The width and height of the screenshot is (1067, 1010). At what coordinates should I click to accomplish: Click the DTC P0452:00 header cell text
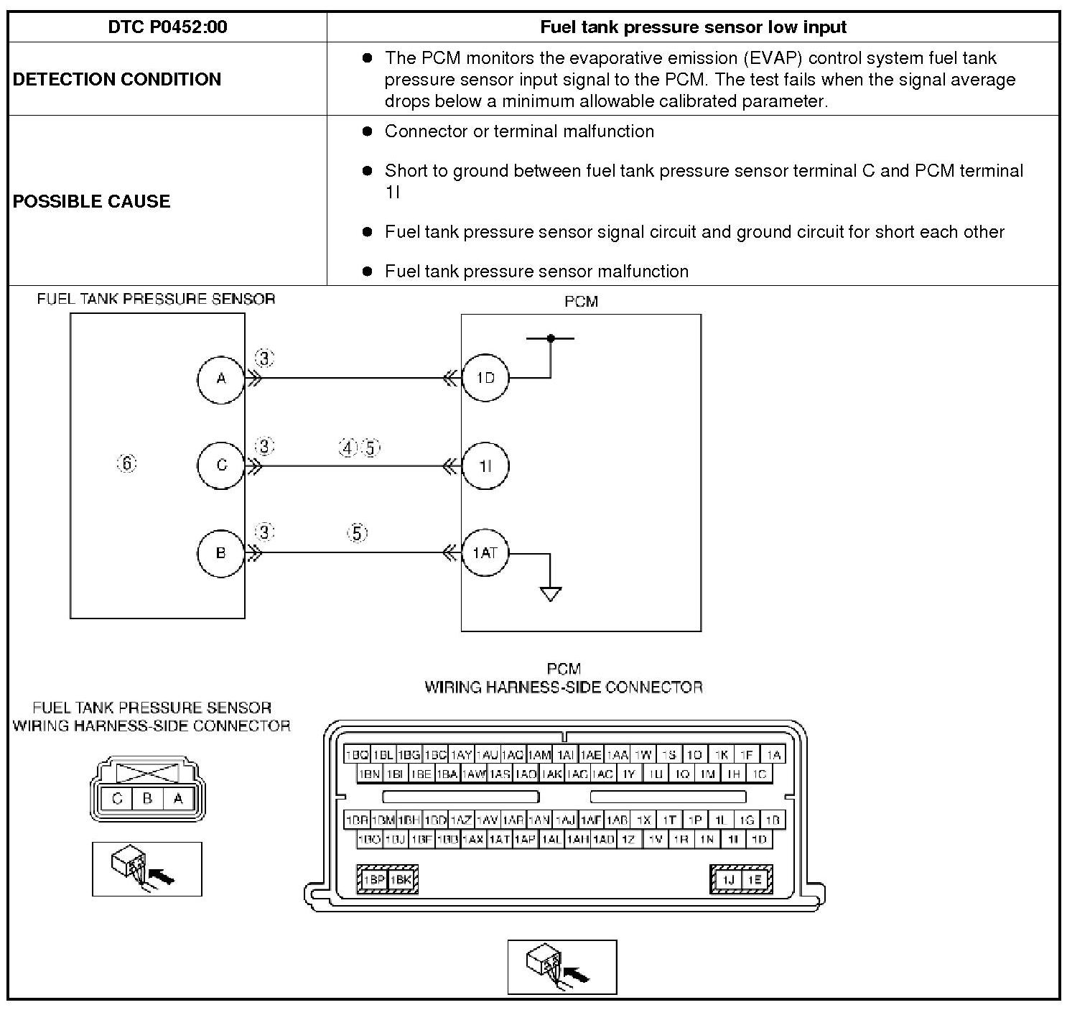coord(167,27)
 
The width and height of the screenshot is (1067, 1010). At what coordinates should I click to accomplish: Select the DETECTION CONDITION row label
coord(117,79)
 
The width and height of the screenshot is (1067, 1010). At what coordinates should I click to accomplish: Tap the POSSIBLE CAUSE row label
coord(92,201)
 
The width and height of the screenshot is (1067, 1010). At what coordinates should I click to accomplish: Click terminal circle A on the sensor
coord(221,379)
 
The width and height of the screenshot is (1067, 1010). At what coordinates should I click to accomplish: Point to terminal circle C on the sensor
coord(221,465)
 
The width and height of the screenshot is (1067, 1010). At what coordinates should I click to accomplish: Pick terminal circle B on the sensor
coord(221,553)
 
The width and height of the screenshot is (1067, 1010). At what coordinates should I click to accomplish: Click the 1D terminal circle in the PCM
coord(485,378)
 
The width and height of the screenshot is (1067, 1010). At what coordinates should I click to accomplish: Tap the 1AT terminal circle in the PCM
coord(485,553)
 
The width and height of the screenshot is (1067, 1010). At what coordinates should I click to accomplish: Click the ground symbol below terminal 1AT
coord(550,594)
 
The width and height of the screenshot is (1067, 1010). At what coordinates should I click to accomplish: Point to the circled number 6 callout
coord(126,464)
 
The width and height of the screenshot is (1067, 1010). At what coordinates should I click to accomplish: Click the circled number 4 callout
coord(348,448)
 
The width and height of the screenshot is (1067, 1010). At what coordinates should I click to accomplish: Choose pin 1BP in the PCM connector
coord(373,879)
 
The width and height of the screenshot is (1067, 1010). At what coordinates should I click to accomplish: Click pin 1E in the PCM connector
coord(755,879)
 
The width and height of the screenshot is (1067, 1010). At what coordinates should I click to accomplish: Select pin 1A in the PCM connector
coord(773,755)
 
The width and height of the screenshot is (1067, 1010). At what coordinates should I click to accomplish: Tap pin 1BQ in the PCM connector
coord(357,755)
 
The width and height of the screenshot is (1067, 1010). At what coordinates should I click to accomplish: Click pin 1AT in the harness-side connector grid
coord(500,838)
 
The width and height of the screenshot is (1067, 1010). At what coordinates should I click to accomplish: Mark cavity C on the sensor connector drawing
coord(117,798)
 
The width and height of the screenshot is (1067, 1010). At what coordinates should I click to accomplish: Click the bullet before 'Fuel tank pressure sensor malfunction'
coord(368,272)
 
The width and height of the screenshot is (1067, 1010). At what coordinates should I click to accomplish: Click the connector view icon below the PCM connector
coord(562,967)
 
